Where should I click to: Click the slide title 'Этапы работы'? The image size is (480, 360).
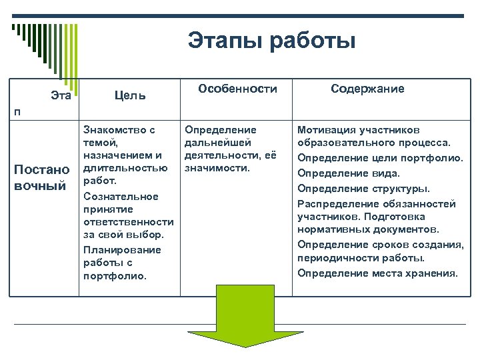(x=271, y=41)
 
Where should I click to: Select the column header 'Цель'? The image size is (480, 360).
(x=130, y=96)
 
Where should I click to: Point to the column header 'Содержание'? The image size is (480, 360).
(x=367, y=89)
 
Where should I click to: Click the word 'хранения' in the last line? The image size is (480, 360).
(x=434, y=273)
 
